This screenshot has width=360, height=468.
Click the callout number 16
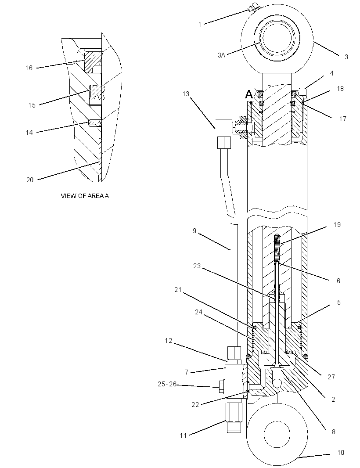point(29,68)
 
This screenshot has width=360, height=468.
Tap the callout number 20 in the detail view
point(30,180)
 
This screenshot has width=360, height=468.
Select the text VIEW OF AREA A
point(85,196)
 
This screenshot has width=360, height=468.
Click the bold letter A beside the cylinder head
point(249,95)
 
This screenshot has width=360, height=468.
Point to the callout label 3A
point(221,55)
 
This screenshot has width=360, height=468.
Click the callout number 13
point(186,94)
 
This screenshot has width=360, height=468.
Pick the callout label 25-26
point(167,384)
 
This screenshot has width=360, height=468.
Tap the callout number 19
point(337,224)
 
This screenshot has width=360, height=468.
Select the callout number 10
point(341,453)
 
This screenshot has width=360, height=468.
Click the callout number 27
point(331,377)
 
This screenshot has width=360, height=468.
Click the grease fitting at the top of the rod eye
point(252,7)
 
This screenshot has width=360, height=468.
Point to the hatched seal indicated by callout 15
point(97,93)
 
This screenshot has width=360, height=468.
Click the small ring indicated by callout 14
point(95,123)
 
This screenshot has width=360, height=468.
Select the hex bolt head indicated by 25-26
point(221,387)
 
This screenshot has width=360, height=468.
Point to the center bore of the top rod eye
point(279,39)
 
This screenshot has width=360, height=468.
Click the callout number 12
point(169,341)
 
